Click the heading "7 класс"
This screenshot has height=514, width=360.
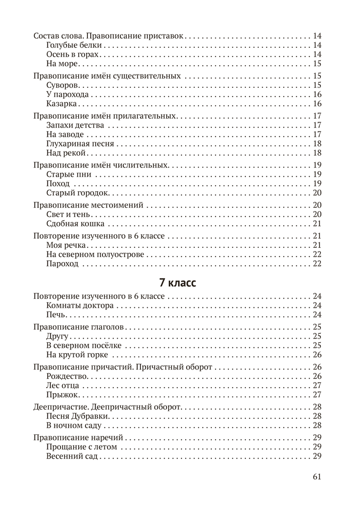(x=177, y=283)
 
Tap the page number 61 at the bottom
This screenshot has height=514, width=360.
(x=317, y=476)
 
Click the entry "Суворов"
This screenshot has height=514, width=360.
(x=63, y=85)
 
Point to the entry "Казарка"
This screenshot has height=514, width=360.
(x=62, y=104)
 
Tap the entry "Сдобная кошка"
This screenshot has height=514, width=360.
(x=75, y=224)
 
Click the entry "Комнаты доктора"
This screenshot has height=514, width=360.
(x=79, y=305)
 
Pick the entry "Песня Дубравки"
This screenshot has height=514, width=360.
(x=77, y=416)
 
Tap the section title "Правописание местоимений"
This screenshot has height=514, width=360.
(x=88, y=205)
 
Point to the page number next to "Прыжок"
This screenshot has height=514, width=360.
(x=317, y=395)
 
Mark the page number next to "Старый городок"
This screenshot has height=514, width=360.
(x=317, y=193)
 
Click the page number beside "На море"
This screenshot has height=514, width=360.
(x=317, y=64)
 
